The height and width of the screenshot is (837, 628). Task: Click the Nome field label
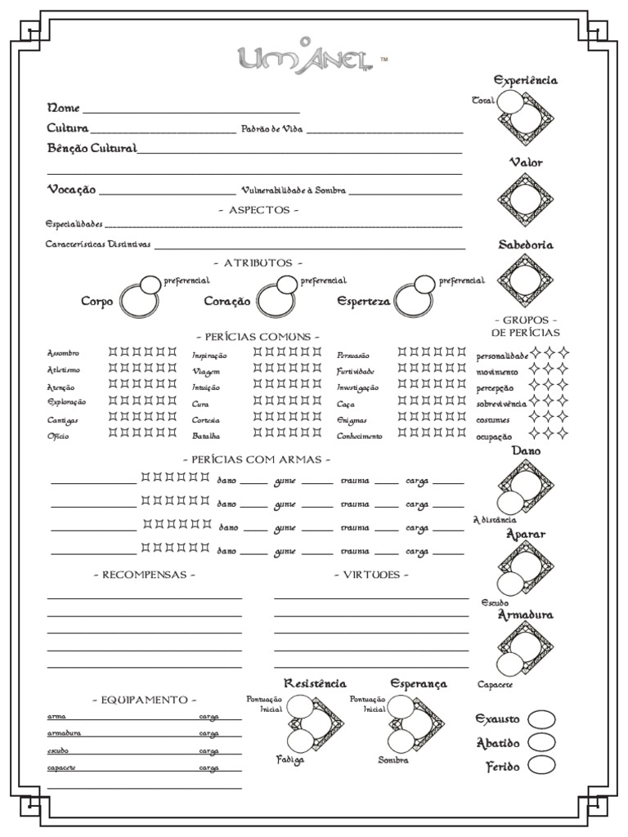64,108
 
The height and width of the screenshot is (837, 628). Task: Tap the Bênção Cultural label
92,148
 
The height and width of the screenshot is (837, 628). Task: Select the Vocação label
71,189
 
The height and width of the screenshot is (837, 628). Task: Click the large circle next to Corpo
138,302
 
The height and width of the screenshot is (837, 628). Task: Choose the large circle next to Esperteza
412,302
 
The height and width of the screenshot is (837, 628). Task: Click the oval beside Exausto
541,719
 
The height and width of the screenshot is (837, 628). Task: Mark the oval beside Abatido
541,742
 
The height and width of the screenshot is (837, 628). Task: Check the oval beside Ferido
541,765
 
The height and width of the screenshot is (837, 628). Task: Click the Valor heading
526,163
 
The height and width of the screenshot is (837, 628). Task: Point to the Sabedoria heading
526,244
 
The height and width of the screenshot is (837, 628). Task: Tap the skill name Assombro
63,353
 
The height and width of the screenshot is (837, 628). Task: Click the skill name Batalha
206,436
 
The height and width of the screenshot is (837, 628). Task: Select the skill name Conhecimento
359,436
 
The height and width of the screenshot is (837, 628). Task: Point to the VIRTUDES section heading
371,575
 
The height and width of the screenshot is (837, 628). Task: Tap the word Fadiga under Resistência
290,760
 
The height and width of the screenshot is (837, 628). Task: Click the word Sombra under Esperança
392,760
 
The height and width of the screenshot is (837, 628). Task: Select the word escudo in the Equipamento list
57,750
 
